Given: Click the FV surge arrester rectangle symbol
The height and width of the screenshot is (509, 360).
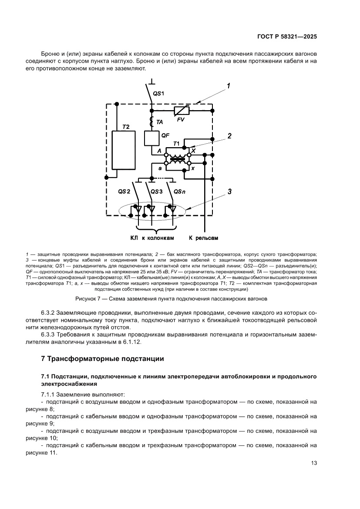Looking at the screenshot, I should click(x=182, y=111).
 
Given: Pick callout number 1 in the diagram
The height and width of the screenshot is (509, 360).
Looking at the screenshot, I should click(x=229, y=86).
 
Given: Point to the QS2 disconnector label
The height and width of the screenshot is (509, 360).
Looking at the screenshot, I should click(x=124, y=192).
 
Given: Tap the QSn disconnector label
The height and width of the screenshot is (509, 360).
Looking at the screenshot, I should click(x=179, y=192).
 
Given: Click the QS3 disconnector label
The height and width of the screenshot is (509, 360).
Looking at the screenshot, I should click(x=156, y=192).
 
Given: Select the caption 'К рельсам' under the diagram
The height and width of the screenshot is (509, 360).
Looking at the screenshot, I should click(x=203, y=238).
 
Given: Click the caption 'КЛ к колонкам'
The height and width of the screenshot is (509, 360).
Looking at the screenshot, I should click(x=152, y=238).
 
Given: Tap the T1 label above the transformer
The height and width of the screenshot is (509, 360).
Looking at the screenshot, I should click(x=176, y=144).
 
